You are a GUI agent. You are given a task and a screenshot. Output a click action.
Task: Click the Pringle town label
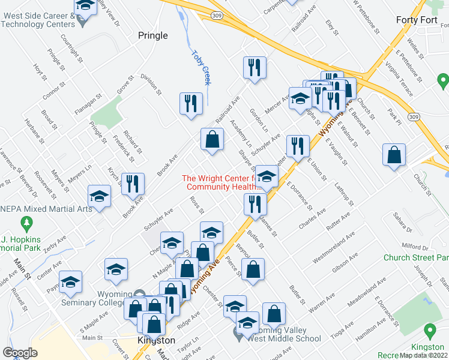coord(153,35)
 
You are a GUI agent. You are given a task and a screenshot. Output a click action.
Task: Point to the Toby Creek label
coord(202,67)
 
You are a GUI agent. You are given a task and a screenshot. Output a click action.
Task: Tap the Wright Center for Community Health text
coord(222,182)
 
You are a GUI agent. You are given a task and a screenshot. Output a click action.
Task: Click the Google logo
coord(20,353)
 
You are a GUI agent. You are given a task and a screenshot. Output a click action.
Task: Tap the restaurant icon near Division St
coord(191,103)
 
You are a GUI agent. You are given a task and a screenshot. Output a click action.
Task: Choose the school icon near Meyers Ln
coord(100,196)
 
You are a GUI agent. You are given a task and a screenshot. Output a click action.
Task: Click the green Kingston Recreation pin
coord(430,331)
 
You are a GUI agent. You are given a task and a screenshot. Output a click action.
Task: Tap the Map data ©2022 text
coord(424,355)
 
